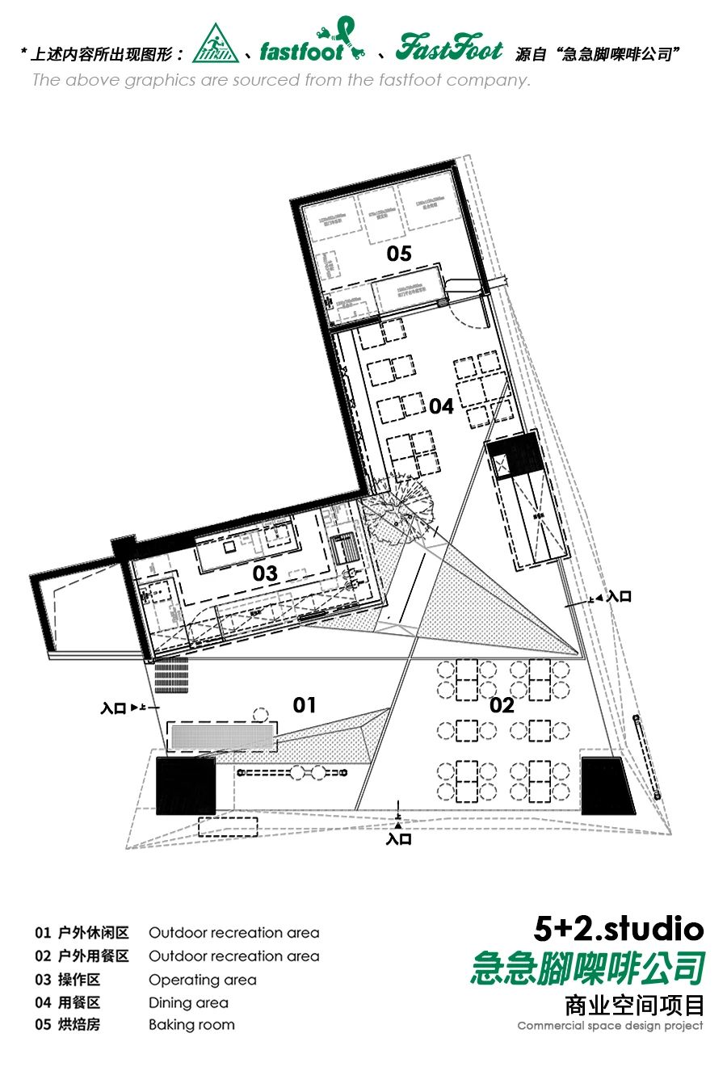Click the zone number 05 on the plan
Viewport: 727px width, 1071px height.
(x=399, y=254)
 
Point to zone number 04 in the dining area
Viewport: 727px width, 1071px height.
(x=441, y=406)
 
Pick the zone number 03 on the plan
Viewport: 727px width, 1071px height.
(x=265, y=573)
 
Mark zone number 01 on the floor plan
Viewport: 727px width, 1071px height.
(x=305, y=705)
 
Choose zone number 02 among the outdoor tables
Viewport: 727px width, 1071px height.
(x=502, y=705)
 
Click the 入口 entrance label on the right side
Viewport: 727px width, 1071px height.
(x=619, y=597)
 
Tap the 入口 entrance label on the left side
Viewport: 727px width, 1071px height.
(x=114, y=708)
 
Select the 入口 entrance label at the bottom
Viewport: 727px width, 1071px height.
(x=398, y=839)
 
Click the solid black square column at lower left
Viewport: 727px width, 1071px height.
(x=186, y=785)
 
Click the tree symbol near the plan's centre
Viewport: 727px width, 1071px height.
(x=400, y=507)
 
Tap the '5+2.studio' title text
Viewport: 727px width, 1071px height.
(x=619, y=929)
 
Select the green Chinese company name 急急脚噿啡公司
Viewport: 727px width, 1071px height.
(x=587, y=968)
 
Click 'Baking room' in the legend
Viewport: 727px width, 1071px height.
(x=191, y=1025)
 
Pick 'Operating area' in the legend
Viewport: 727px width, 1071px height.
(x=202, y=980)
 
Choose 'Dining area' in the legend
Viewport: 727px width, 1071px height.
(x=188, y=1002)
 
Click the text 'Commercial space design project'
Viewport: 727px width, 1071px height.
(x=610, y=1026)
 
